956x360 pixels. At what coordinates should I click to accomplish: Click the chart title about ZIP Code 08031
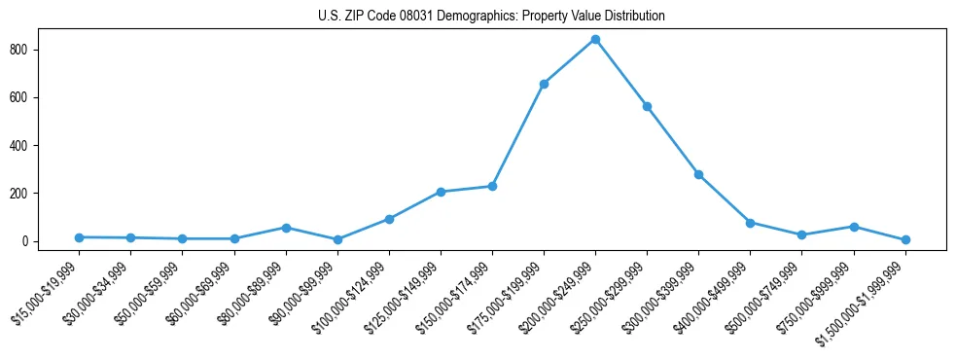pyautogui.click(x=491, y=16)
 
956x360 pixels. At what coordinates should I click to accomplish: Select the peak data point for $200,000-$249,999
pyautogui.click(x=595, y=40)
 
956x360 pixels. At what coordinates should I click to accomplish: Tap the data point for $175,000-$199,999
pyautogui.click(x=544, y=84)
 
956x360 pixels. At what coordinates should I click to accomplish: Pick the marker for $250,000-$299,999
pyautogui.click(x=647, y=106)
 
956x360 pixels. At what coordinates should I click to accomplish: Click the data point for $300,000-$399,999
pyautogui.click(x=698, y=174)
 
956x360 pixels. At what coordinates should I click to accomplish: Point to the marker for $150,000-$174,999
pyautogui.click(x=492, y=186)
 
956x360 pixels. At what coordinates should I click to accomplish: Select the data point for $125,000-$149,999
pyautogui.click(x=441, y=192)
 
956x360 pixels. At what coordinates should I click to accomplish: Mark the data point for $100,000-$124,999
pyautogui.click(x=389, y=219)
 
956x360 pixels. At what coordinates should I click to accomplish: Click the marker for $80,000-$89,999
pyautogui.click(x=286, y=228)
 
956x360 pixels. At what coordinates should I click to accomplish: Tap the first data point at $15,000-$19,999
pyautogui.click(x=79, y=237)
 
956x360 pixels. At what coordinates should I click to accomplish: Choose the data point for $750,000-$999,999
pyautogui.click(x=854, y=227)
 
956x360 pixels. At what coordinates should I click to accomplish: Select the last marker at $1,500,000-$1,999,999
pyautogui.click(x=905, y=239)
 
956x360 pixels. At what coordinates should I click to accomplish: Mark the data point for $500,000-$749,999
pyautogui.click(x=802, y=235)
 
